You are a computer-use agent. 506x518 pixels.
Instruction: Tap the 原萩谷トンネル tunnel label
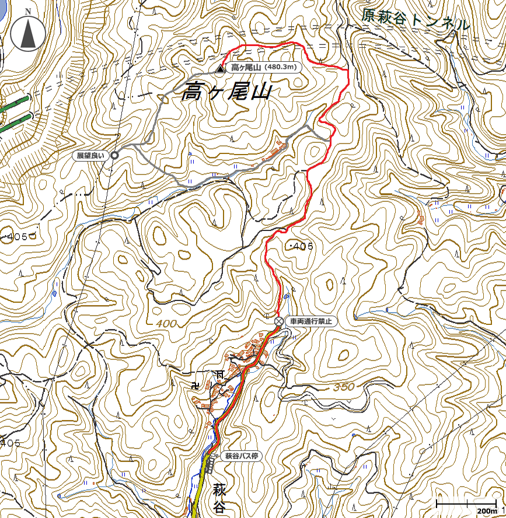click(x=415, y=20)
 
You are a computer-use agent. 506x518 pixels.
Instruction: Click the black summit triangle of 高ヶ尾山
click(x=219, y=69)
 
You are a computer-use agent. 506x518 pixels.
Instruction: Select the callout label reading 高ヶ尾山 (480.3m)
click(x=264, y=68)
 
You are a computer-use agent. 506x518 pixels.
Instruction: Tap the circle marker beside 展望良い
click(x=114, y=155)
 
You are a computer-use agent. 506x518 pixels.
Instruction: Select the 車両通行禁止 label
click(x=310, y=321)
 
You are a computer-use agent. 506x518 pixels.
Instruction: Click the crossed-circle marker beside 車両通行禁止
click(x=279, y=321)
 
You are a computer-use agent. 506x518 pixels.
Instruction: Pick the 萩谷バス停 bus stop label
click(x=242, y=456)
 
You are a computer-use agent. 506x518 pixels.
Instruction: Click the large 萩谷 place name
click(x=219, y=498)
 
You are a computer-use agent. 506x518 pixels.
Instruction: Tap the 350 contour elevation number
click(x=344, y=387)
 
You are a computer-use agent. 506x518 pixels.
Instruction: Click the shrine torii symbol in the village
click(x=220, y=373)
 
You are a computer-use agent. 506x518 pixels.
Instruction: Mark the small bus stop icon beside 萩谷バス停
click(x=215, y=456)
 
